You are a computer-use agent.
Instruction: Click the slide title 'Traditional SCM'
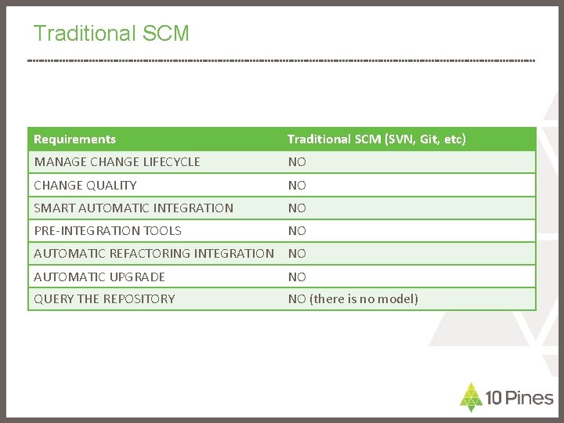click(x=111, y=34)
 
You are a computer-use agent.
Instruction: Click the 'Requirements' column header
click(x=75, y=139)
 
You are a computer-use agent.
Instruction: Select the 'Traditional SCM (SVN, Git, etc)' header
click(x=377, y=139)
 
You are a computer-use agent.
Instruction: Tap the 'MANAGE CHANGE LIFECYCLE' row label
click(x=117, y=162)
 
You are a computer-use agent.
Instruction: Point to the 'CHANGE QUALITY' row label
click(x=85, y=185)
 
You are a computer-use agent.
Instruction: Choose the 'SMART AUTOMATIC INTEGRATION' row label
click(x=133, y=208)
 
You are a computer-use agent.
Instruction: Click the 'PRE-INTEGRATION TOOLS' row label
click(x=107, y=230)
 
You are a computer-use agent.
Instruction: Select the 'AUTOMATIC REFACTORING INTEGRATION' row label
click(x=154, y=253)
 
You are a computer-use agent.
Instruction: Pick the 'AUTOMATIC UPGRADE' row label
click(x=99, y=277)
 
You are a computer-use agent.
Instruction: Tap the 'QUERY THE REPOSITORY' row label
click(x=104, y=298)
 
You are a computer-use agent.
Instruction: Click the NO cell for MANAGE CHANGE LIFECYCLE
click(x=297, y=162)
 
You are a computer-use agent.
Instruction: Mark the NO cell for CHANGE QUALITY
click(x=297, y=185)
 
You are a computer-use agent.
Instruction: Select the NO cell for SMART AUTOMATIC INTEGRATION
click(x=297, y=208)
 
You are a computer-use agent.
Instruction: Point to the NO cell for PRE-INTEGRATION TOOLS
click(x=297, y=230)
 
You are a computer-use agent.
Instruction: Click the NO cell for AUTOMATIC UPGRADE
click(x=297, y=277)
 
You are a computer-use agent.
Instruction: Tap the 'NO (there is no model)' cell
click(x=352, y=298)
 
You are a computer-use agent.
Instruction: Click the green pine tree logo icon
click(x=470, y=396)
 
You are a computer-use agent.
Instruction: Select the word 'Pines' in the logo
click(x=530, y=398)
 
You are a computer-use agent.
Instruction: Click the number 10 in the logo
click(x=493, y=398)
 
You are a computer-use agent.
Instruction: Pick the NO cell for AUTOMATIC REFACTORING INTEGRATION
click(x=297, y=253)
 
